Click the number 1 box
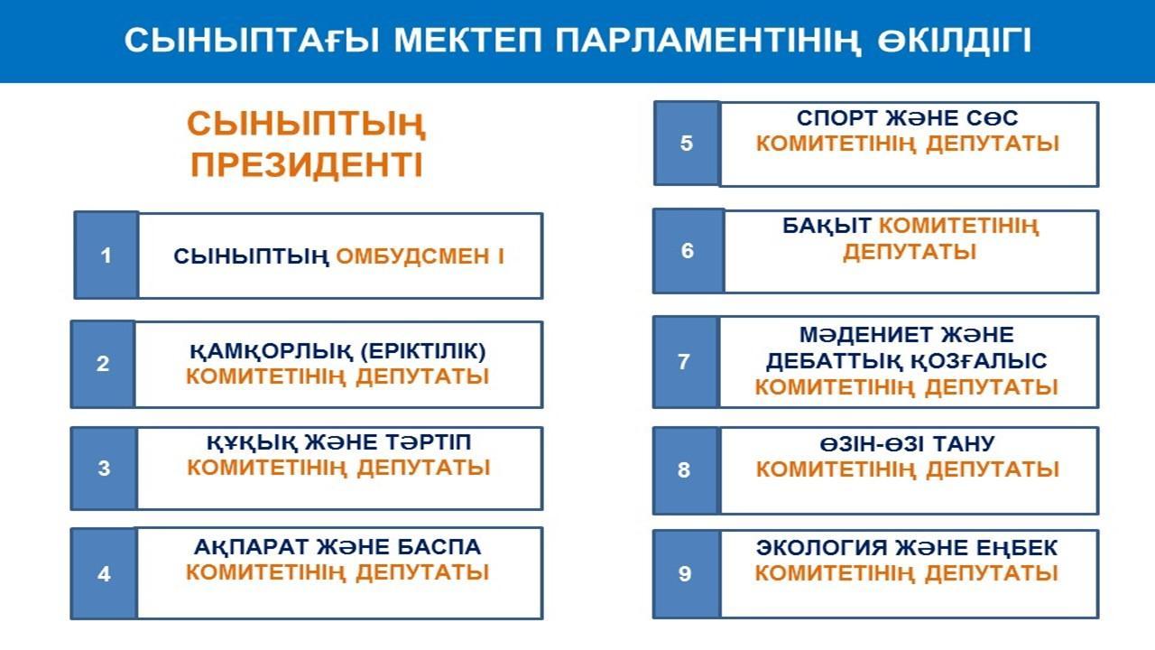[x=106, y=255]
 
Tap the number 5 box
[x=687, y=143]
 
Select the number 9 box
[x=685, y=573]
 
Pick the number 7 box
[x=685, y=362]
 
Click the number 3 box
[x=104, y=468]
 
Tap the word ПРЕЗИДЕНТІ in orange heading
[x=307, y=165]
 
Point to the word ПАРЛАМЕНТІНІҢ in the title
[x=707, y=41]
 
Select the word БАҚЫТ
[x=827, y=226]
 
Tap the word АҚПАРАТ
[x=251, y=547]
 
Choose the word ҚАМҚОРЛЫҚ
[x=272, y=352]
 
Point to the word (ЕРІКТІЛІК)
[x=423, y=351]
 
